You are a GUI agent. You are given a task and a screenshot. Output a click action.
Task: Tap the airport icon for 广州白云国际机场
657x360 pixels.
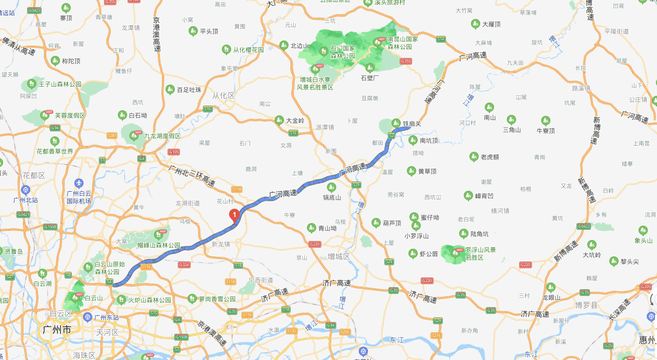point(78,183)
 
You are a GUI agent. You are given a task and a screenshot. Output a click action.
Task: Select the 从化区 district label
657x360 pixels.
point(223,95)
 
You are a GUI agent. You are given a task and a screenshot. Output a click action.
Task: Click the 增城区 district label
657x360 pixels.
point(339,256)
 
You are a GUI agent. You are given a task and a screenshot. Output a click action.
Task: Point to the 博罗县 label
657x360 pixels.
point(586,305)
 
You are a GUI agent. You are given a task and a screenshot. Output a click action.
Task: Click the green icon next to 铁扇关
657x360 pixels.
point(396,123)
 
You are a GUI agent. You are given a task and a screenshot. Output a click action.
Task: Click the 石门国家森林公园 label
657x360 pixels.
point(343,52)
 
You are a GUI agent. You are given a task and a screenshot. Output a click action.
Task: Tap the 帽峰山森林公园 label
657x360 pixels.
point(159,245)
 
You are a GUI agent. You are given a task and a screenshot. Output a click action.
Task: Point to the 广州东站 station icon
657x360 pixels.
point(88,317)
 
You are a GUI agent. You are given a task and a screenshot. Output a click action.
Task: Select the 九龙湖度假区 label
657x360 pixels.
point(162,136)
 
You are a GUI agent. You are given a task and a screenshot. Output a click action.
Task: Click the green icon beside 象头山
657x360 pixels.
point(643,231)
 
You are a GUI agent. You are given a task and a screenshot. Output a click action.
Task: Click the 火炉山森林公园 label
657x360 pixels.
point(149,299)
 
